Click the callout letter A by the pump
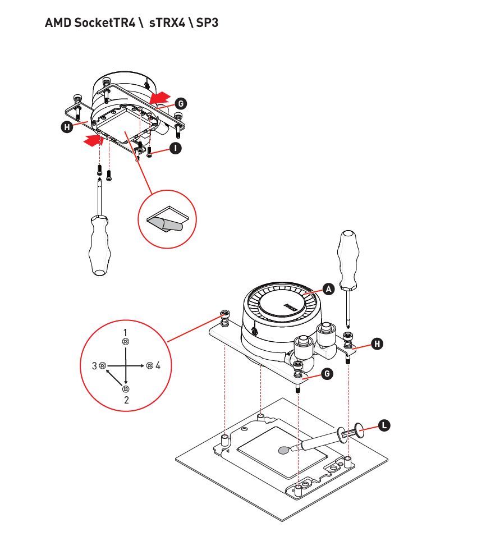click(x=328, y=289)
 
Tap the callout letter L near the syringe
click(x=384, y=425)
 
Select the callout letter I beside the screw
click(x=175, y=148)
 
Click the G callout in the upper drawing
click(x=181, y=103)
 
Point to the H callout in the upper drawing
click(x=67, y=127)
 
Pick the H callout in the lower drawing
click(x=377, y=343)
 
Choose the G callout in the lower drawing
click(x=327, y=374)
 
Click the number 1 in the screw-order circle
click(x=125, y=332)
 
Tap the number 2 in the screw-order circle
click(x=126, y=400)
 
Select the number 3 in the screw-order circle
click(x=94, y=366)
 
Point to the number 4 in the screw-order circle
click(x=158, y=365)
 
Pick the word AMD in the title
click(x=58, y=23)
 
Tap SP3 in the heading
click(x=207, y=23)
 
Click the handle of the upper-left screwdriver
click(x=100, y=246)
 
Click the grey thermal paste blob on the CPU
click(x=284, y=450)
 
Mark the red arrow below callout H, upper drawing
click(x=94, y=140)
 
